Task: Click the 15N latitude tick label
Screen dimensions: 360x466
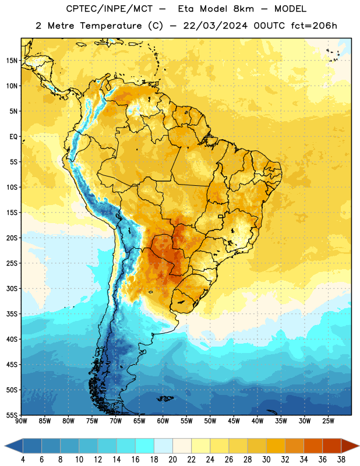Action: point(12,61)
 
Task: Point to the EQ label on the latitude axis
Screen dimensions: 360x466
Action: point(13,137)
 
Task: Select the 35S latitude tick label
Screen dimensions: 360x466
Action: point(12,314)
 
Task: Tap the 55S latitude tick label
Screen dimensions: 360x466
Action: point(12,415)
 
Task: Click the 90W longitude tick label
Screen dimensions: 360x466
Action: point(21,421)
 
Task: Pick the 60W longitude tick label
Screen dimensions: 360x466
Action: point(163,421)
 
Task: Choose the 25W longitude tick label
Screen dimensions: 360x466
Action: point(328,421)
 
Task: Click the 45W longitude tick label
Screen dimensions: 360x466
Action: point(234,421)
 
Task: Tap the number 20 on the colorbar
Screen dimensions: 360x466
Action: point(172,460)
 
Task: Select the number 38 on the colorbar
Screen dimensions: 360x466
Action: point(341,460)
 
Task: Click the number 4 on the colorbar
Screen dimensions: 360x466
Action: point(23,460)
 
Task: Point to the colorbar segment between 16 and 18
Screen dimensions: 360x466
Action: point(145,446)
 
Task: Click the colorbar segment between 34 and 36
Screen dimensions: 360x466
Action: point(313,446)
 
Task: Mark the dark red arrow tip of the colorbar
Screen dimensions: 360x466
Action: point(359,446)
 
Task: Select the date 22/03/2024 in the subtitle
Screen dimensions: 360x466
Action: point(215,26)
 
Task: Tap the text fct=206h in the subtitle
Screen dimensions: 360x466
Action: point(314,26)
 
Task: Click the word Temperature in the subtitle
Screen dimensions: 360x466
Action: point(111,26)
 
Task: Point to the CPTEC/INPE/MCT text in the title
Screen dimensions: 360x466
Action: point(109,9)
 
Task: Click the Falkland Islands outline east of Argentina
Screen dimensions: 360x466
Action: point(165,398)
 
